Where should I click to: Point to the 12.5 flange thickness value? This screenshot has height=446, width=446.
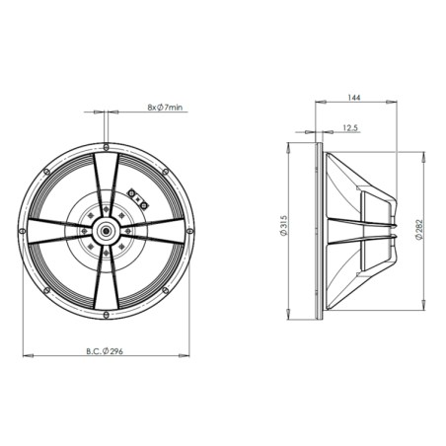pos(349,128)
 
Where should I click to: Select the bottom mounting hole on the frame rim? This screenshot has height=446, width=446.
pos(105,315)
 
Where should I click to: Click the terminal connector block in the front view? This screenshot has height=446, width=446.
pos(137,195)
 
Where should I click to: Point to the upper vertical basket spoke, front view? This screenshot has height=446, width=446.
pos(105,178)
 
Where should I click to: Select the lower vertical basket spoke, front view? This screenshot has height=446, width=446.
pos(105,281)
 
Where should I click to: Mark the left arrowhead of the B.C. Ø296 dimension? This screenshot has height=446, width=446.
pos(24,352)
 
